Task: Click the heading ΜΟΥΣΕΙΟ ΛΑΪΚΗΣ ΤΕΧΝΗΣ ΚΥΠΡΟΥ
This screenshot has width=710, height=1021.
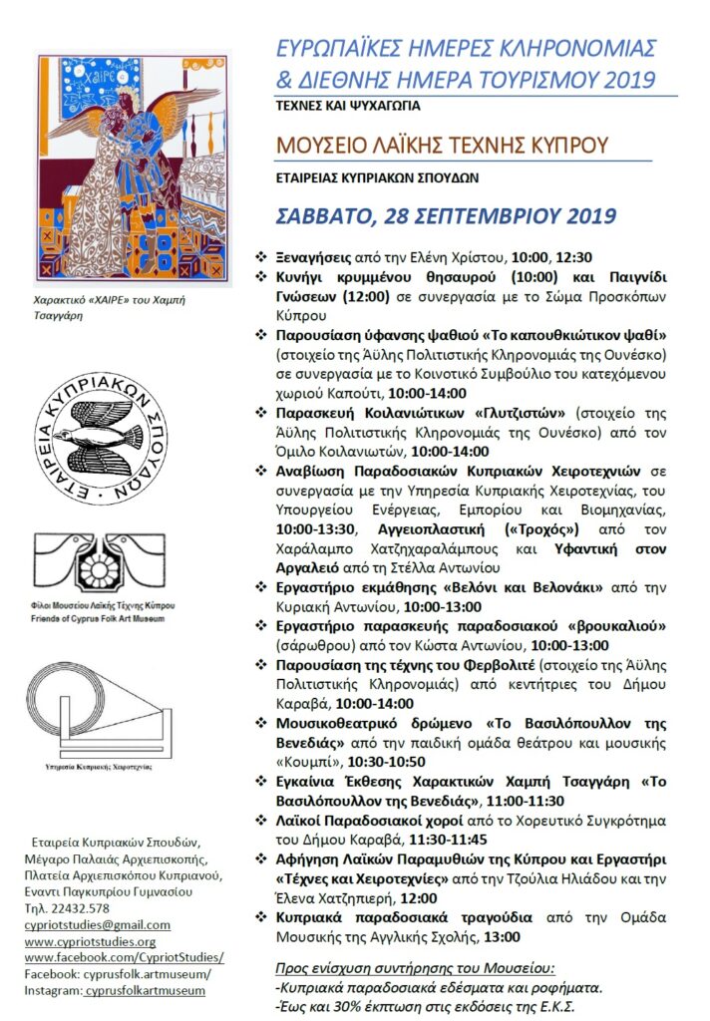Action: [x=441, y=145]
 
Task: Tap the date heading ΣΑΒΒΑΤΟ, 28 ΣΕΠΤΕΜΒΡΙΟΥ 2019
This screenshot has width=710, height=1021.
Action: [x=446, y=215]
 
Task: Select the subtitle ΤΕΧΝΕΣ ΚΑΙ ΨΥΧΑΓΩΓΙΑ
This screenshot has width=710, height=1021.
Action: [x=350, y=104]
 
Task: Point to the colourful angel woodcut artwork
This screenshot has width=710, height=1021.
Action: [x=134, y=170]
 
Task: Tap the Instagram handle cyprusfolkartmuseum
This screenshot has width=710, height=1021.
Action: [x=145, y=990]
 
